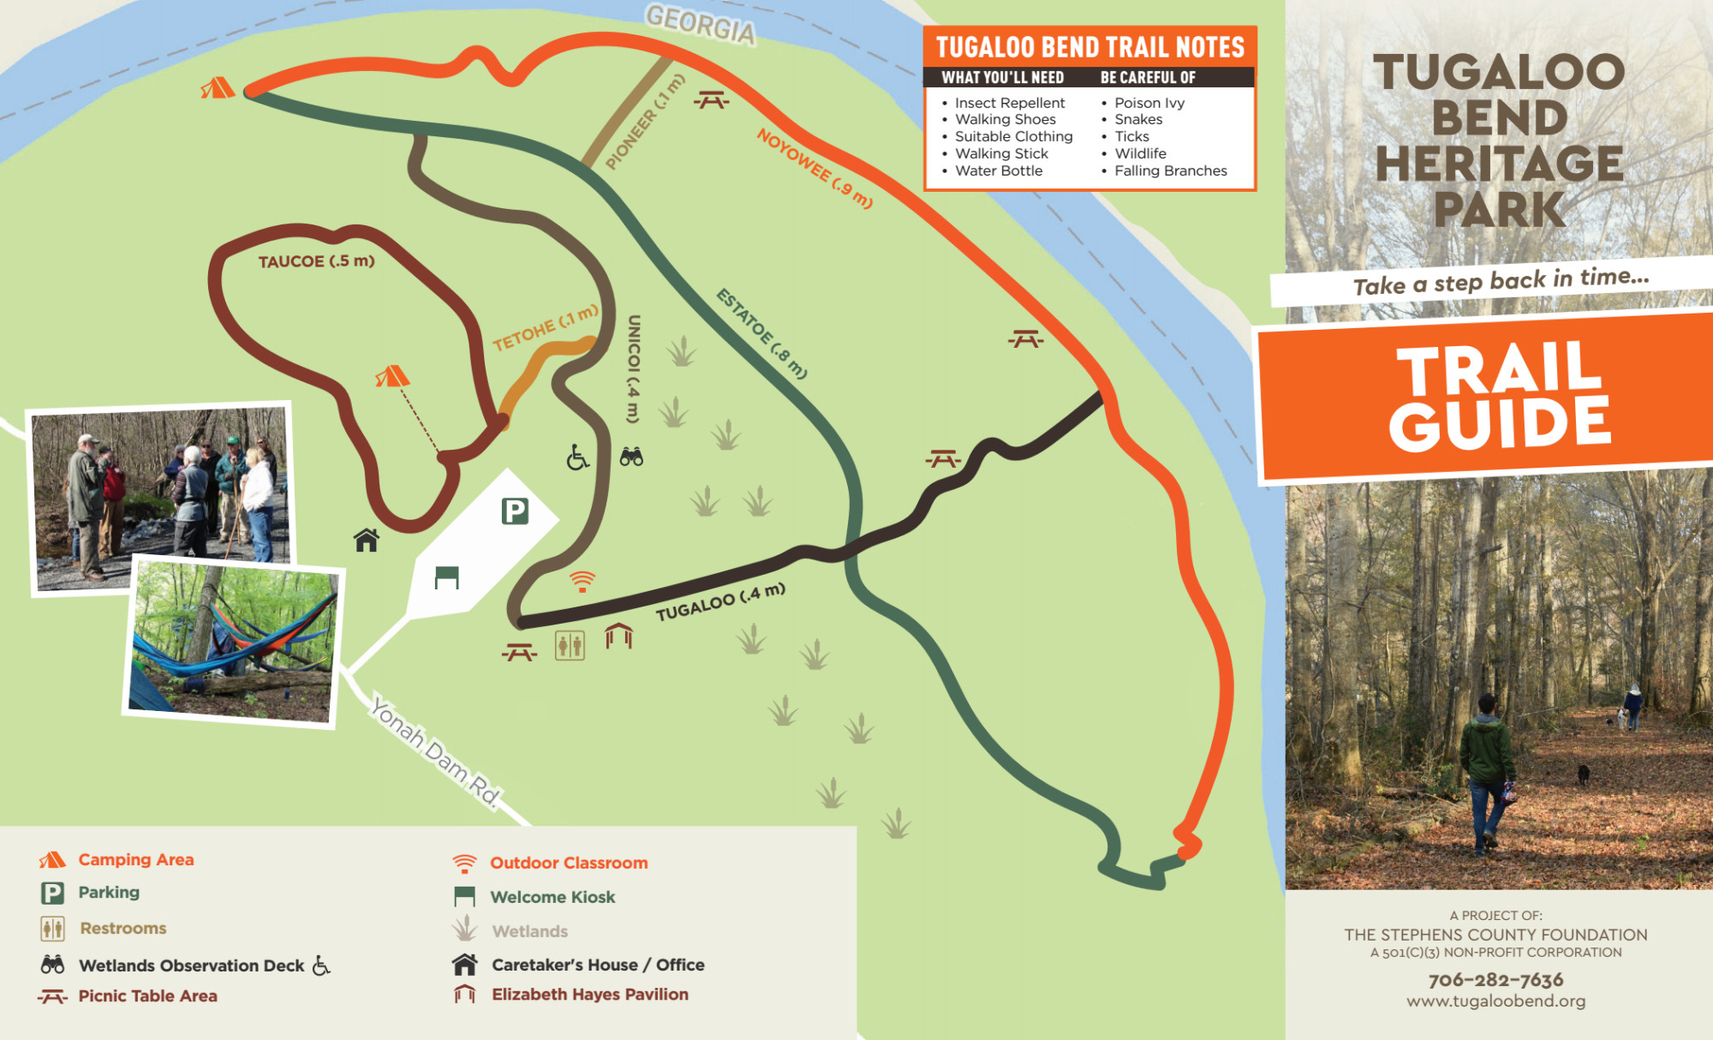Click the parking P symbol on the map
(x=515, y=511)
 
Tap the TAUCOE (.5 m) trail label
(x=316, y=261)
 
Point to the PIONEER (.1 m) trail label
(x=645, y=123)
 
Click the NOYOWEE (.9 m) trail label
(x=815, y=168)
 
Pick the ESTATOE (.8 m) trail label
(x=761, y=333)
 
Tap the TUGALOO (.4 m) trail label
(x=720, y=601)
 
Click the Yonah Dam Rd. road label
(x=434, y=751)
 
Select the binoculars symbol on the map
(x=631, y=457)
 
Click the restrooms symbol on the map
(x=570, y=645)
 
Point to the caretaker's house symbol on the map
(x=367, y=540)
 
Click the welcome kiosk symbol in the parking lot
(x=446, y=577)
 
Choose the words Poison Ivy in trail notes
(x=1149, y=103)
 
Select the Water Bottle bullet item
(x=999, y=170)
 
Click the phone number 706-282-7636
(x=1495, y=979)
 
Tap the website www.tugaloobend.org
(x=1495, y=1001)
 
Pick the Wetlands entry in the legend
(x=529, y=931)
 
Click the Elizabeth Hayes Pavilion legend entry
(x=589, y=995)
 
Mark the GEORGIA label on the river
(x=701, y=23)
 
